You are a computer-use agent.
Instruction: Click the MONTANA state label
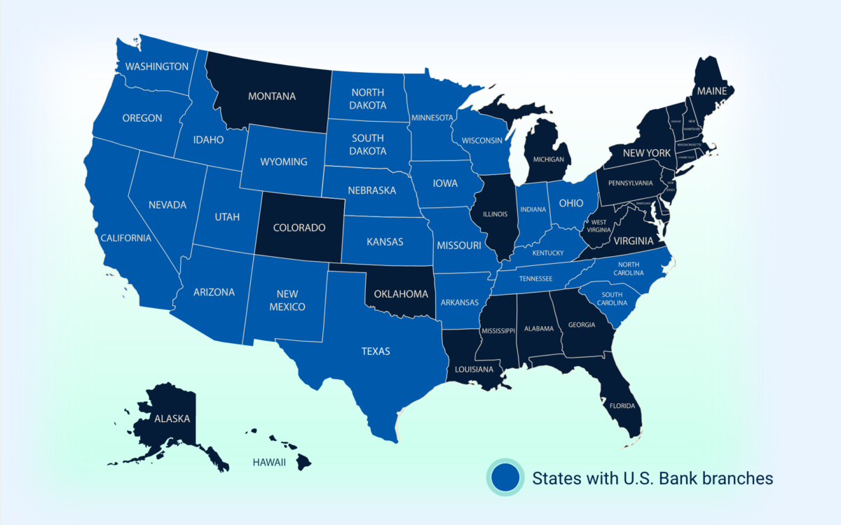271,96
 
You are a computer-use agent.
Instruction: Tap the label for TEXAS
376,351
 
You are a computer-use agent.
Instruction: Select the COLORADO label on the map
299,227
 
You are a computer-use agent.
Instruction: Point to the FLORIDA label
622,406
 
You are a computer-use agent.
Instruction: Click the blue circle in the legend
505,478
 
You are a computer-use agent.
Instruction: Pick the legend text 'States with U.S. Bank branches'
652,478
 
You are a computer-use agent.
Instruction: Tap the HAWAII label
269,462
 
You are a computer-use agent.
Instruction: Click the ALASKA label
172,419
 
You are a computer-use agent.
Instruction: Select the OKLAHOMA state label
400,293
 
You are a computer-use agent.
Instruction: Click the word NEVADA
167,205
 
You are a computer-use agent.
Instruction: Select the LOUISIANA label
474,369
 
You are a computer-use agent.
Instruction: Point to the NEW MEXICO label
287,300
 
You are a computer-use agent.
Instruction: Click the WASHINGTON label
156,66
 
